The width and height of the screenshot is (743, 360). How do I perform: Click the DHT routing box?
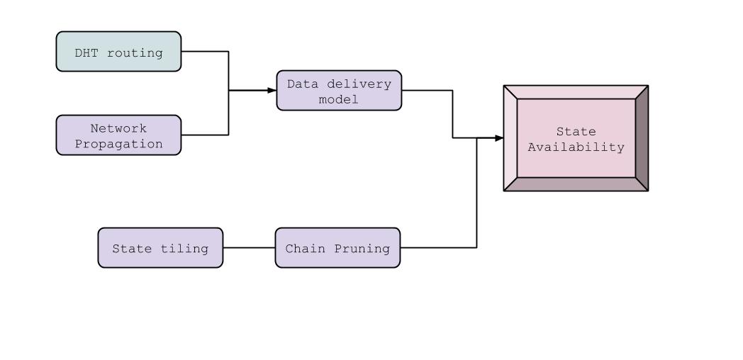118,52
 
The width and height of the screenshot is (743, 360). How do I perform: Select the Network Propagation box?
118,135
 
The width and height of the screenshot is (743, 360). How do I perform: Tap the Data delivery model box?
339,91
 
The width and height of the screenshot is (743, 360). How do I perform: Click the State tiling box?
160,248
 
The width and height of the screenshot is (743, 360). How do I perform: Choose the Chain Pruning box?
337,248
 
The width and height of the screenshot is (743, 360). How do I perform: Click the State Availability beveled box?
576,139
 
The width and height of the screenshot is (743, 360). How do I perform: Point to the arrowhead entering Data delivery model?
272,91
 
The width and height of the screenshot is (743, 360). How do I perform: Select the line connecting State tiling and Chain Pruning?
249,248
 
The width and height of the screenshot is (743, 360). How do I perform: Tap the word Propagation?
118,144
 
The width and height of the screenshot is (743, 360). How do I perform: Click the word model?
339,99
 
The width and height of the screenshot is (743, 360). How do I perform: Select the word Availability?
576,147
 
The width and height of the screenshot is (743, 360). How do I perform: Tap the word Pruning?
364,249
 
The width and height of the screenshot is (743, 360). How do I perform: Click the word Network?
118,128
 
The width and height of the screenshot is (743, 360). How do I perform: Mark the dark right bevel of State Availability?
642,139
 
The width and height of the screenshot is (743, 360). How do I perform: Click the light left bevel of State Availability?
510,139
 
